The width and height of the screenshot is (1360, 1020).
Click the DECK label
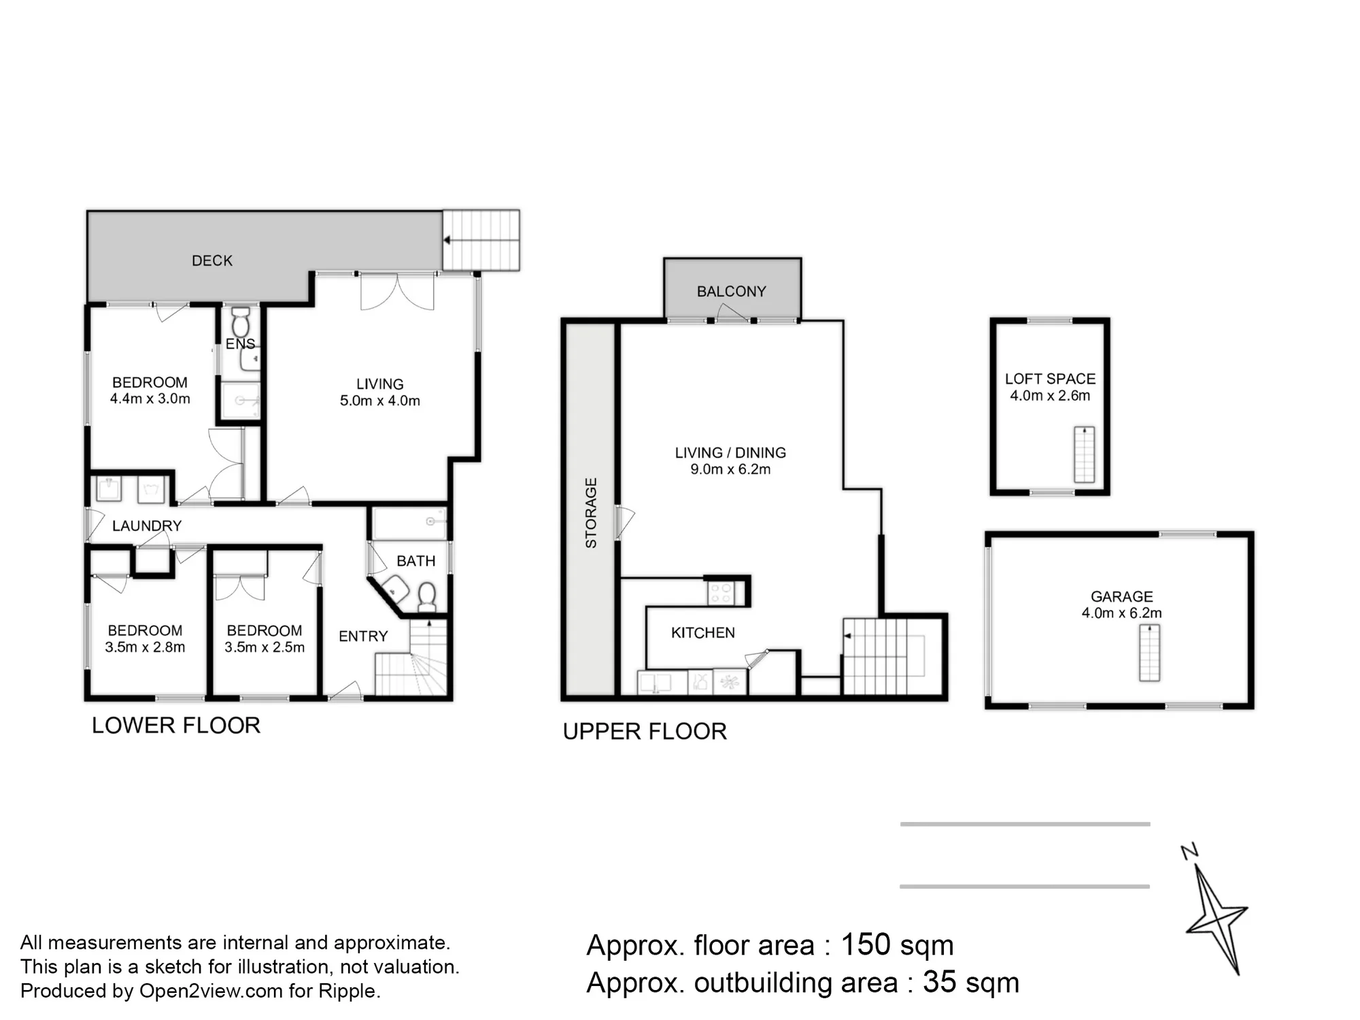pyautogui.click(x=212, y=260)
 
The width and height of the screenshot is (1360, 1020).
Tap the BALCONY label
pyautogui.click(x=732, y=292)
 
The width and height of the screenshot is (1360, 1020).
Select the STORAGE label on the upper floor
pyautogui.click(x=591, y=513)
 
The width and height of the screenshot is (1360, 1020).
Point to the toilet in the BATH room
pyautogui.click(x=427, y=596)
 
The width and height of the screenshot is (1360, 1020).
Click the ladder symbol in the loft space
pyautogui.click(x=1084, y=454)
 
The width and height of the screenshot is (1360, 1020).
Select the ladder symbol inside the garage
pyautogui.click(x=1149, y=653)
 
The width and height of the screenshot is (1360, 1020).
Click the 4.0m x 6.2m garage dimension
pyautogui.click(x=1122, y=613)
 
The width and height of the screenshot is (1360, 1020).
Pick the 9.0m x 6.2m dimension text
pyautogui.click(x=730, y=469)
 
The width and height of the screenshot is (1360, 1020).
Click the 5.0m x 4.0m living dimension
pyautogui.click(x=380, y=401)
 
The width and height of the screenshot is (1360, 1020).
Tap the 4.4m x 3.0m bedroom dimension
pyautogui.click(x=150, y=398)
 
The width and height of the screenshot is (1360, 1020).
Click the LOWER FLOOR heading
pyautogui.click(x=176, y=726)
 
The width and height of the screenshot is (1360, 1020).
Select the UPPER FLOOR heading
pyautogui.click(x=645, y=732)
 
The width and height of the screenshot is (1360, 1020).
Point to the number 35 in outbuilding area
pyautogui.click(x=939, y=982)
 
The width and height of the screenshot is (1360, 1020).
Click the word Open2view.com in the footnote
pyautogui.click(x=211, y=991)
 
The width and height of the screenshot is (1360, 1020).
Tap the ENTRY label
pyautogui.click(x=363, y=636)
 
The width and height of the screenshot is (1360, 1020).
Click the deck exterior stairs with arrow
pyautogui.click(x=481, y=240)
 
